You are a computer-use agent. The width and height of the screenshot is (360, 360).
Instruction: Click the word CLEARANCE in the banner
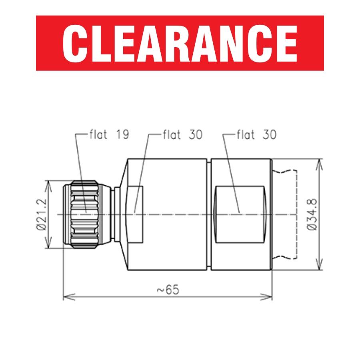point(180,43)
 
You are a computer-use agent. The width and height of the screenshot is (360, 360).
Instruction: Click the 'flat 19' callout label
point(109,134)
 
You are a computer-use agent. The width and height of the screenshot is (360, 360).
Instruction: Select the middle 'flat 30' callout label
point(183,134)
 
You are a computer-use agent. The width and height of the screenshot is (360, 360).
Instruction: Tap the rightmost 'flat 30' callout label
point(256,134)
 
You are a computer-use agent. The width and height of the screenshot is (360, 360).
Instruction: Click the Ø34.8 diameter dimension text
point(312,214)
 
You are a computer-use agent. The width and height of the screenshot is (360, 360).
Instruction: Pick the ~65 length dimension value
point(168,290)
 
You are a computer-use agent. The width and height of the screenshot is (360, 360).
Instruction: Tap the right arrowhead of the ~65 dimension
point(266,297)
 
